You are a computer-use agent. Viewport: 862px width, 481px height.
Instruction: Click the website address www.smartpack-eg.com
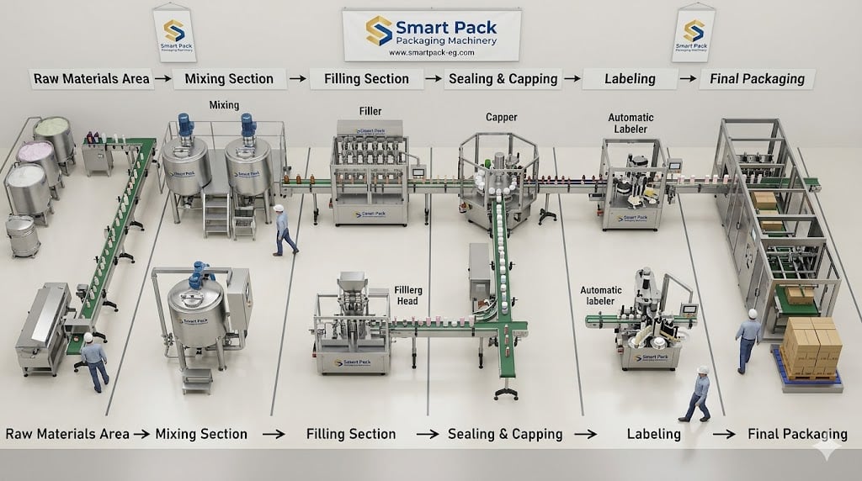432,52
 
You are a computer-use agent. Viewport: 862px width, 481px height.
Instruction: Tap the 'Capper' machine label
501,117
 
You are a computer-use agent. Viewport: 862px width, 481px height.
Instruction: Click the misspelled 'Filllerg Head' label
409,296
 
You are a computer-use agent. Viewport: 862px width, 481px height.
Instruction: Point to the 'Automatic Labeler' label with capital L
631,124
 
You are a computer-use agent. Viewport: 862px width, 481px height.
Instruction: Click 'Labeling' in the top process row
630,79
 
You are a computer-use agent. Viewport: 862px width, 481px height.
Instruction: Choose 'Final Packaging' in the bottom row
797,434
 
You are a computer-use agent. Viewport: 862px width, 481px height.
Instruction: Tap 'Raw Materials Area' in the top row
92,79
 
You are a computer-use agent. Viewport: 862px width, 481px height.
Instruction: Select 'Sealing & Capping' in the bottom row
504,434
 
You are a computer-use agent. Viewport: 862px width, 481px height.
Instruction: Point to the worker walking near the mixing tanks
282,230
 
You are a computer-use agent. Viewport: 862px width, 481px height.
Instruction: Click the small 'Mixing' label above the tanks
224,105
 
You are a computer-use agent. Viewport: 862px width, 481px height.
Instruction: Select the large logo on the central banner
379,30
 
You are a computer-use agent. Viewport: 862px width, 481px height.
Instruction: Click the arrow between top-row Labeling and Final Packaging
688,79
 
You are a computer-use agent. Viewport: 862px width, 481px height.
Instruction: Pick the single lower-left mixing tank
196,315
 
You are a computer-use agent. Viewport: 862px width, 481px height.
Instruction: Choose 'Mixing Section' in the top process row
229,79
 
